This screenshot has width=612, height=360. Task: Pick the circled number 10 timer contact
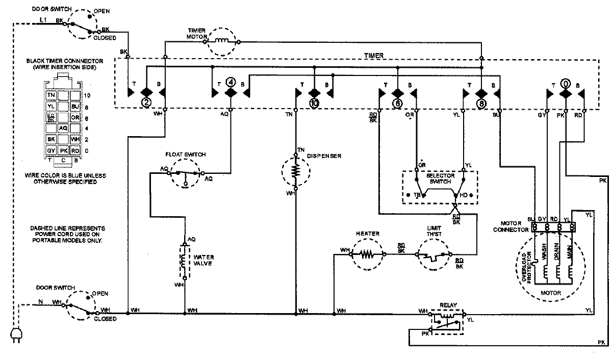coord(314,102)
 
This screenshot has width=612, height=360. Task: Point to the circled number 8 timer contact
coord(481,102)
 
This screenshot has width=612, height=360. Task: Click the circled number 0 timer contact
coord(565,82)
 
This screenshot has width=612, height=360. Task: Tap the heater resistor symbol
coord(367,253)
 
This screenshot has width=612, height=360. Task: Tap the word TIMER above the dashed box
coord(374,55)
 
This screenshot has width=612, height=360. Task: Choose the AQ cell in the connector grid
coord(63,128)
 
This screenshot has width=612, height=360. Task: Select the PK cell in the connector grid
coord(63,150)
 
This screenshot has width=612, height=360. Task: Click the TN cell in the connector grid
coord(51,95)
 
